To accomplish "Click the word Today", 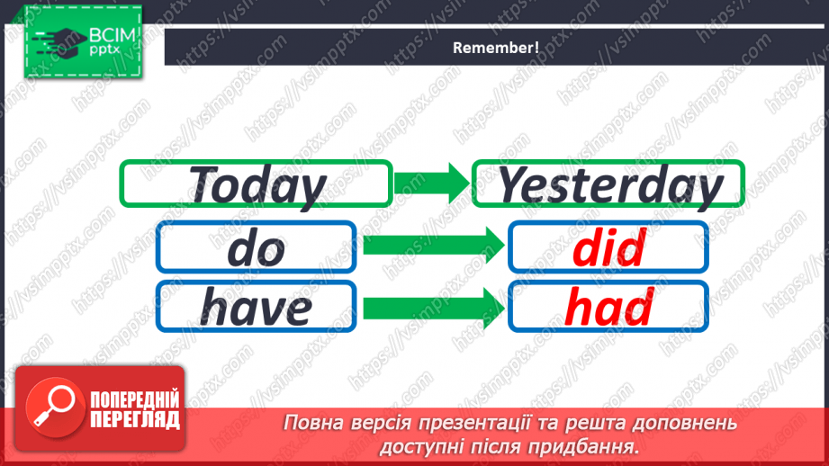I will [x=257, y=185].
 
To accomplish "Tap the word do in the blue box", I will [x=257, y=247].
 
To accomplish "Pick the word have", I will [x=257, y=307].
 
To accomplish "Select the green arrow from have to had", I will [x=432, y=307].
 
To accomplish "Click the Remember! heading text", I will [x=496, y=48].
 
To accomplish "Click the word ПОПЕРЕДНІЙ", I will [x=134, y=400].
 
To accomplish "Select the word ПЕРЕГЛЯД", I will [x=134, y=419].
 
